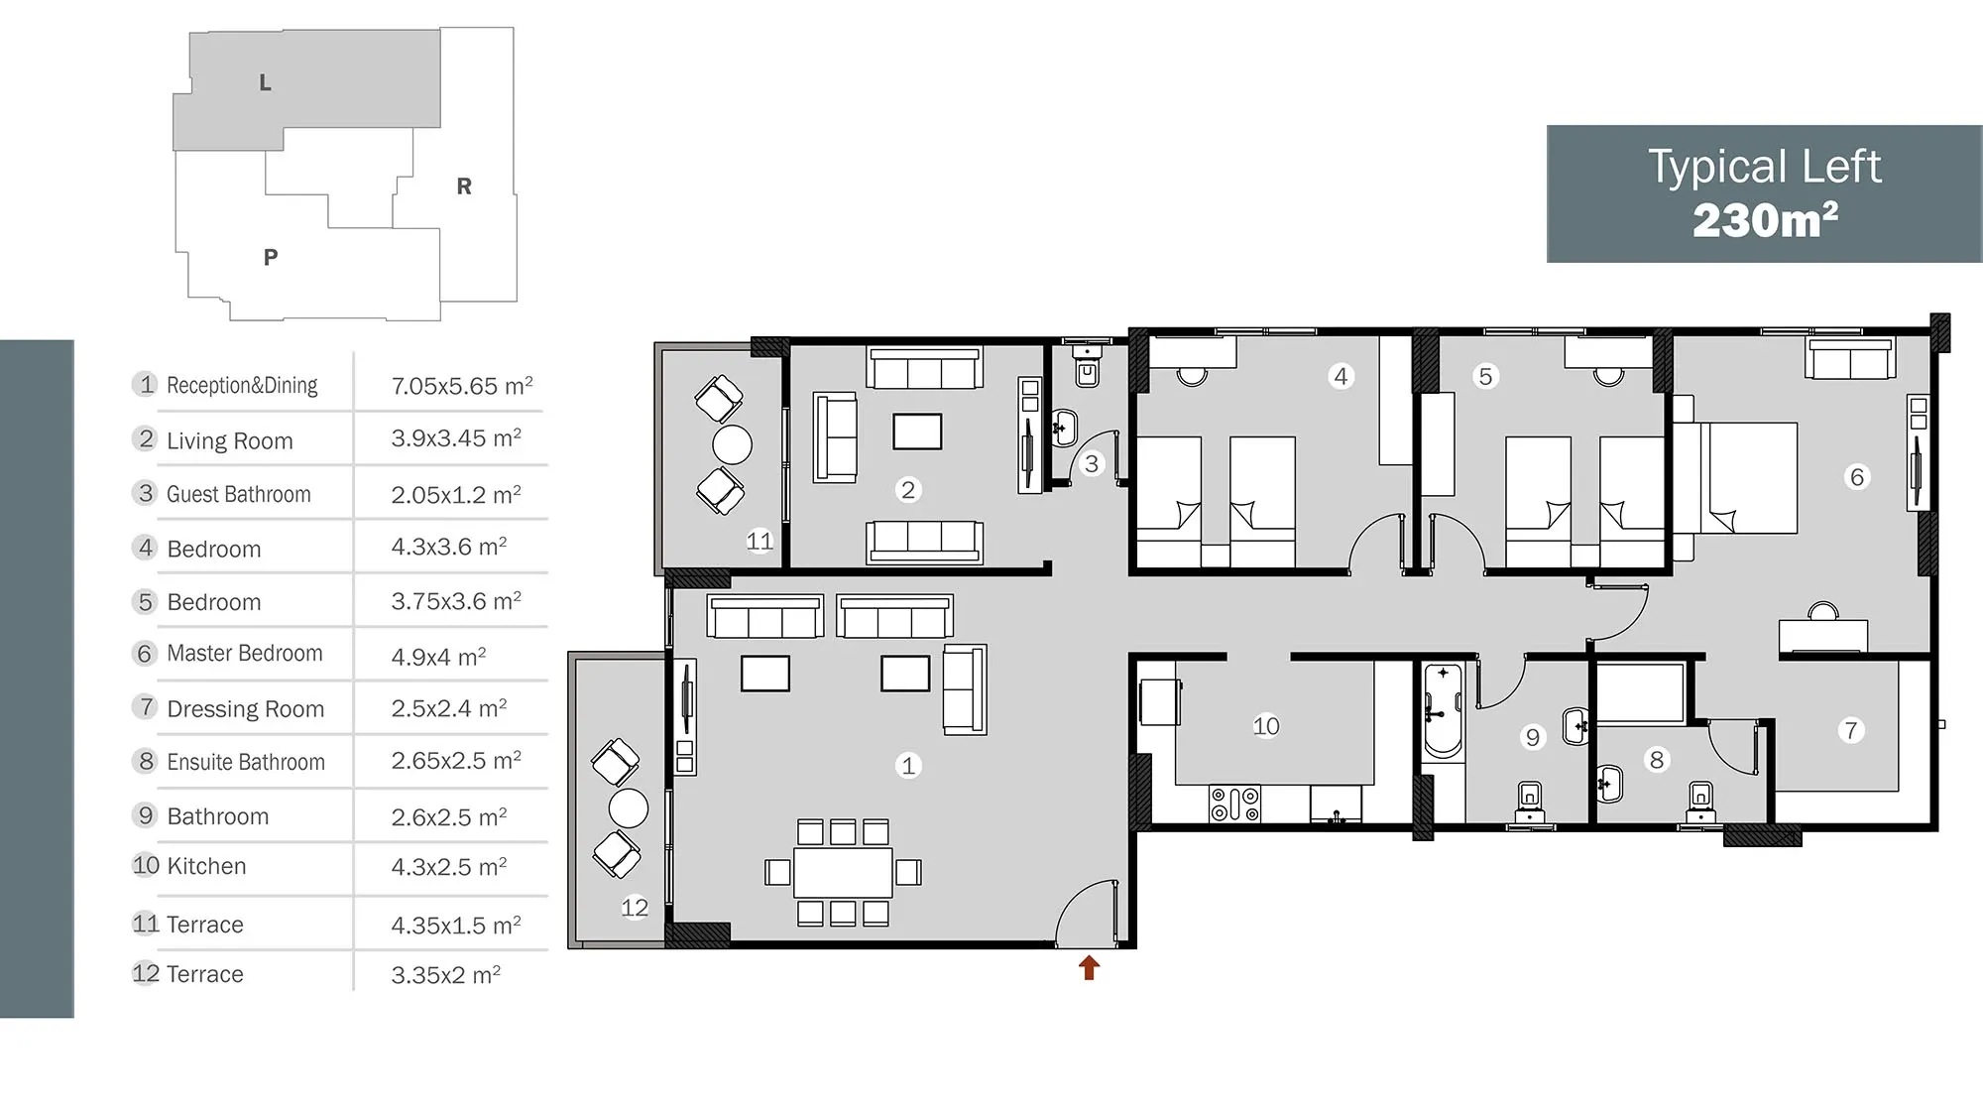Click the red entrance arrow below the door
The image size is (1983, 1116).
(x=1089, y=967)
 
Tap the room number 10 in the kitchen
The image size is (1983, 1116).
(x=1265, y=726)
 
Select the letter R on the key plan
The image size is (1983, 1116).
(x=464, y=186)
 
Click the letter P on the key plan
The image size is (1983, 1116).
(x=271, y=258)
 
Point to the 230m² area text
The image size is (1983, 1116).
(x=1765, y=220)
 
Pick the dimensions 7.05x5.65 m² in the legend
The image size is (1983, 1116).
(x=462, y=385)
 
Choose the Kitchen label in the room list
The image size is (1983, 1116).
(x=206, y=866)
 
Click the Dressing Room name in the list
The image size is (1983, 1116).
(x=246, y=709)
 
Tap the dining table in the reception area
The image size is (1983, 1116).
(x=843, y=872)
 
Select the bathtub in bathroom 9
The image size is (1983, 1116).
(x=1444, y=712)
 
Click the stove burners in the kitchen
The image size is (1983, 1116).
(x=1234, y=804)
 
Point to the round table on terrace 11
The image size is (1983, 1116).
(x=733, y=444)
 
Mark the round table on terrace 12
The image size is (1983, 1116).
(x=629, y=808)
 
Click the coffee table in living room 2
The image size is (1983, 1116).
(x=917, y=432)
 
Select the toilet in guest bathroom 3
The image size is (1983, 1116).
(x=1088, y=367)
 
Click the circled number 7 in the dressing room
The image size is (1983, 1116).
(x=1850, y=731)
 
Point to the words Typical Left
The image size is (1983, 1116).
(x=1765, y=167)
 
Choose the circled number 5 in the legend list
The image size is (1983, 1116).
(x=146, y=602)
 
